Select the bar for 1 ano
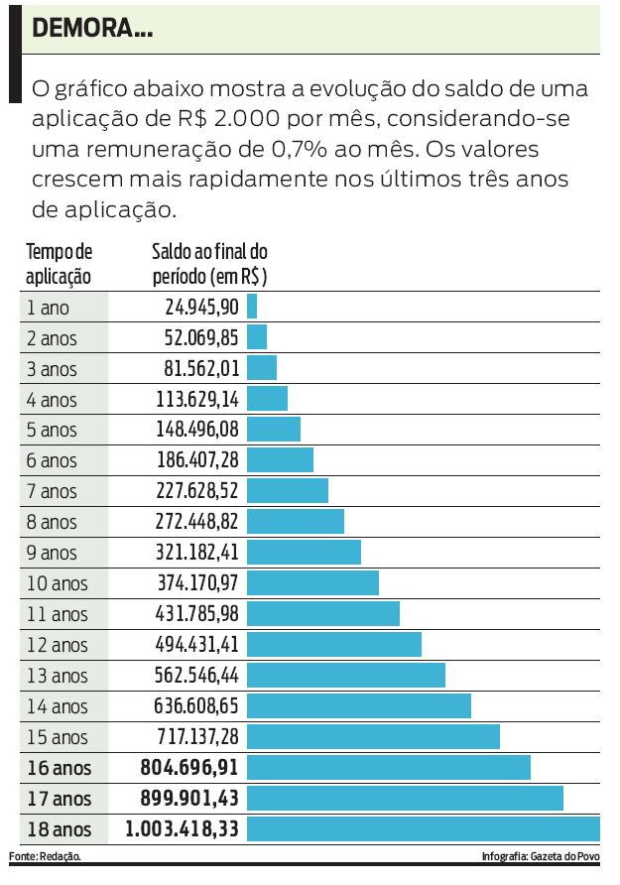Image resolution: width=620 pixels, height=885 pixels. [x=252, y=307]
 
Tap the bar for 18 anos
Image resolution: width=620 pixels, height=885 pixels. [x=423, y=828]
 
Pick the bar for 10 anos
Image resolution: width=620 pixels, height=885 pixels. [x=312, y=582]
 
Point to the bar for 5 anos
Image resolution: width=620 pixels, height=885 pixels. [x=273, y=430]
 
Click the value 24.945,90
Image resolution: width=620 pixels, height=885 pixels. [x=201, y=307]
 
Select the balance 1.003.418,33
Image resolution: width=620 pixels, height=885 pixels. [x=182, y=828]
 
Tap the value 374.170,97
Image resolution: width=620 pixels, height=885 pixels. [x=197, y=582]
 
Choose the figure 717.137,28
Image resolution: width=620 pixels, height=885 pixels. [x=197, y=736]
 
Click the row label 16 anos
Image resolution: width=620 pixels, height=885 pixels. [x=58, y=767]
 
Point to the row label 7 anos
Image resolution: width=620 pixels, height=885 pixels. [x=52, y=491]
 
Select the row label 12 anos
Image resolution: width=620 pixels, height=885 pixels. [x=58, y=645]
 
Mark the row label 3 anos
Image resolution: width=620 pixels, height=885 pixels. [x=52, y=368]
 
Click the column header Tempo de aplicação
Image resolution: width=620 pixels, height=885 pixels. [x=59, y=264]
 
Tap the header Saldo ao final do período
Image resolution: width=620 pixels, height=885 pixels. [x=209, y=264]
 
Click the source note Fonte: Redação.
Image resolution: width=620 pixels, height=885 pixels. [x=45, y=855]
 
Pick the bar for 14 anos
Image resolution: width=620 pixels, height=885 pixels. [x=358, y=705]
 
